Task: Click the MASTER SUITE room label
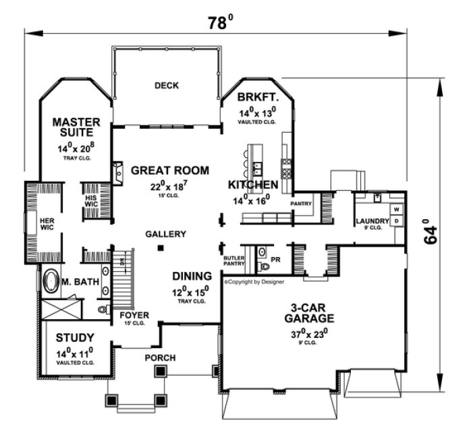coord(77,128)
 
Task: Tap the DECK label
coord(166,85)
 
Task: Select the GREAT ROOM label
coord(170,171)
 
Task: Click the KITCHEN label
coord(253,185)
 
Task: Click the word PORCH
coord(161,358)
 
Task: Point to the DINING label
coord(192,276)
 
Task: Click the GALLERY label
coord(165,234)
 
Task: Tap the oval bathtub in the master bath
coord(51,282)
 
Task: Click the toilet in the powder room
coord(262,265)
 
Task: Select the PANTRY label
coord(300,202)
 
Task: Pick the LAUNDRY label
coord(372,221)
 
